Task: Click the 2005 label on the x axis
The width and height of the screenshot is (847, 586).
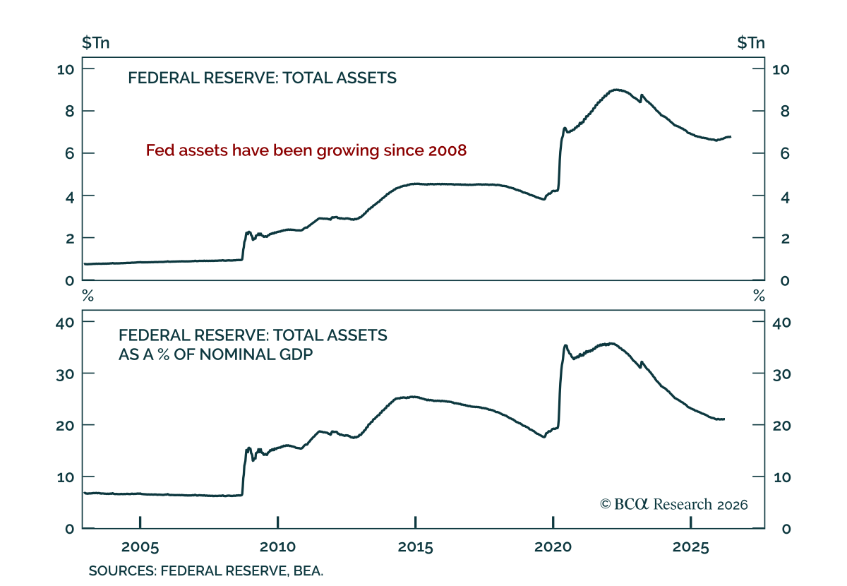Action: coord(140,547)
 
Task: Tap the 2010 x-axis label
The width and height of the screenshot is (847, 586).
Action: coord(277,547)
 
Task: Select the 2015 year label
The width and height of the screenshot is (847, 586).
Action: coord(415,547)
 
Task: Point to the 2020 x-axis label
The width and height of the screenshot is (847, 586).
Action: coord(553,547)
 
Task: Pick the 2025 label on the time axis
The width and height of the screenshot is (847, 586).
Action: coord(690,547)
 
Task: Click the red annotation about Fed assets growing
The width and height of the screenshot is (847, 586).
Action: coord(306,150)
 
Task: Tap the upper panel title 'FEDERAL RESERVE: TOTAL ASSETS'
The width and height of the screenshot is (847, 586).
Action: coord(262,78)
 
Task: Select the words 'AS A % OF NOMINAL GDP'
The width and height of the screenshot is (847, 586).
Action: coord(215,354)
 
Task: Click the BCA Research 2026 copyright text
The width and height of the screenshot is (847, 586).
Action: coord(674,504)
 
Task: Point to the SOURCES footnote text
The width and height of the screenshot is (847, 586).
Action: coord(206,571)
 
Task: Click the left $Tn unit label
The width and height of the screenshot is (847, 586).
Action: coord(96,42)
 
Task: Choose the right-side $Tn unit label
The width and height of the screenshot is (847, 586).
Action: coord(751,42)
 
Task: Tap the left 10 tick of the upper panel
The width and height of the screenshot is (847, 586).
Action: coord(66,70)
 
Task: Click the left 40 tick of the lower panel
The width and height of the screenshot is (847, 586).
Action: coord(65,323)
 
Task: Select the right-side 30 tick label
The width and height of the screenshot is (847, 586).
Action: coord(782,374)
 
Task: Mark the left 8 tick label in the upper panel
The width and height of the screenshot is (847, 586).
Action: coord(70,112)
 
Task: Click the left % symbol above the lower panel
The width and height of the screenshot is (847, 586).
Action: coord(88,296)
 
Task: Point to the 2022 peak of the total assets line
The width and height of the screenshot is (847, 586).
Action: coord(616,90)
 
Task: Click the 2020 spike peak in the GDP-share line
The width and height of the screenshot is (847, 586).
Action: coord(565,345)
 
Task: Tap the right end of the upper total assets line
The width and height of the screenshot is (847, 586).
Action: coord(730,136)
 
